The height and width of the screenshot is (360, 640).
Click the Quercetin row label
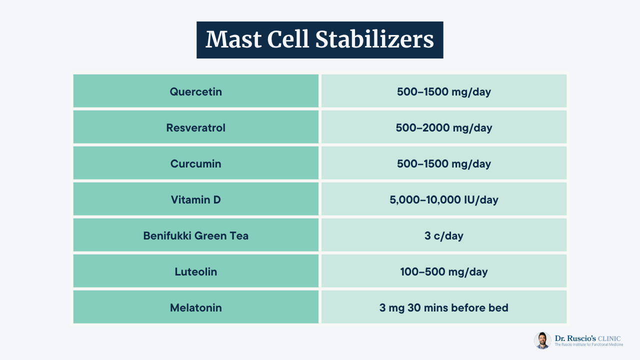tap(195, 91)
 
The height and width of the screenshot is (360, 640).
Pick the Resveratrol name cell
tap(195, 127)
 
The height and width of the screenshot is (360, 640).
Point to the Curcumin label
tap(195, 163)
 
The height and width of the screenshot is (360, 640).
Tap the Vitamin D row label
tap(195, 199)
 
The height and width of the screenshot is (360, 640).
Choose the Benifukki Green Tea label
tap(195, 235)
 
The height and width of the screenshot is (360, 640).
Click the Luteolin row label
tap(195, 271)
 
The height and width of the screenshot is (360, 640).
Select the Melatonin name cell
tap(195, 307)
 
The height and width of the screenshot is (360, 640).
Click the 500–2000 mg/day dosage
tap(443, 127)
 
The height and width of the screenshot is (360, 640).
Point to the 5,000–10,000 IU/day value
tap(443, 199)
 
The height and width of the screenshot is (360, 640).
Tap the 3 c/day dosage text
tap(443, 235)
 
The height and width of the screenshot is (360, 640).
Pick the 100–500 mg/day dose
tap(443, 271)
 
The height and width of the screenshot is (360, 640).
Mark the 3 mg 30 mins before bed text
tap(443, 307)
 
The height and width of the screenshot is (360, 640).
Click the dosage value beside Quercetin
tap(443, 91)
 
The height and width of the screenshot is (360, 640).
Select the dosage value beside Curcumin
tap(443, 163)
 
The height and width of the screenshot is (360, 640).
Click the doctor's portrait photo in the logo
tap(542, 340)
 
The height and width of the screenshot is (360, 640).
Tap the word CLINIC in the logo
tap(609, 338)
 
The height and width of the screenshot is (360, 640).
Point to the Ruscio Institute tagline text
tap(589, 344)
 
